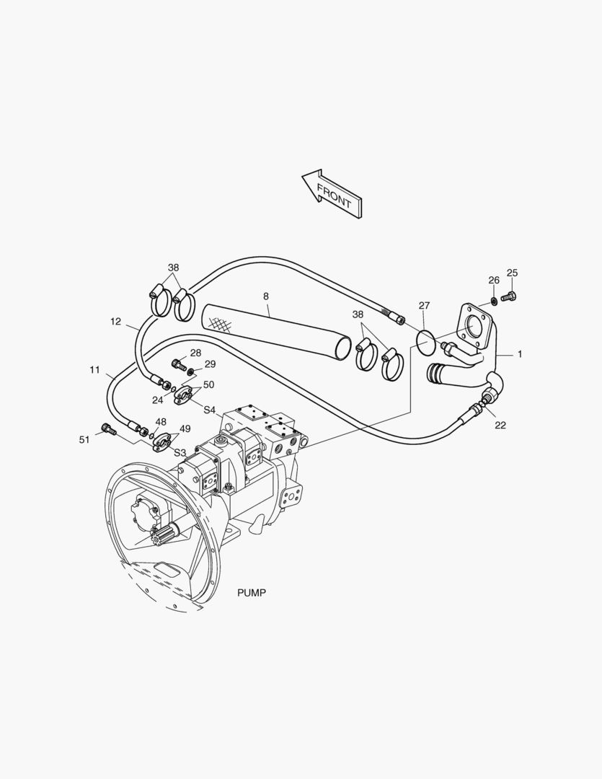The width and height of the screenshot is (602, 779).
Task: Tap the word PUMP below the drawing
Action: tap(252, 593)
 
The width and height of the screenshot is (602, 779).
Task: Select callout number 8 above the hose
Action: tap(266, 296)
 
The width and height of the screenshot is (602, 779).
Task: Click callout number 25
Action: tap(512, 273)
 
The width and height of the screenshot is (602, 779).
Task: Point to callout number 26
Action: tap(494, 280)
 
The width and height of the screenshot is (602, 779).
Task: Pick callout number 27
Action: tap(424, 306)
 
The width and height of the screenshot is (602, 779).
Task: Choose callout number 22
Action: tap(500, 425)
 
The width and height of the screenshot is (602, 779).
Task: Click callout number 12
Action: tap(116, 322)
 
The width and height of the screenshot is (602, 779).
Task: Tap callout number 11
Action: tap(95, 370)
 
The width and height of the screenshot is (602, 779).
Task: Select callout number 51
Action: tap(84, 439)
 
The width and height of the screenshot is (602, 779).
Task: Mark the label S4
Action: tap(210, 410)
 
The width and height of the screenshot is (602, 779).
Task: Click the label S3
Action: tap(180, 452)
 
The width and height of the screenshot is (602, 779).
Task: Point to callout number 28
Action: tap(195, 353)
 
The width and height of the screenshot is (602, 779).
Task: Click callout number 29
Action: tap(210, 364)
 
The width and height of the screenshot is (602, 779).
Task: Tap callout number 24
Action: tap(157, 400)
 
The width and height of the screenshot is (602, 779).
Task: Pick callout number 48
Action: tap(160, 422)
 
